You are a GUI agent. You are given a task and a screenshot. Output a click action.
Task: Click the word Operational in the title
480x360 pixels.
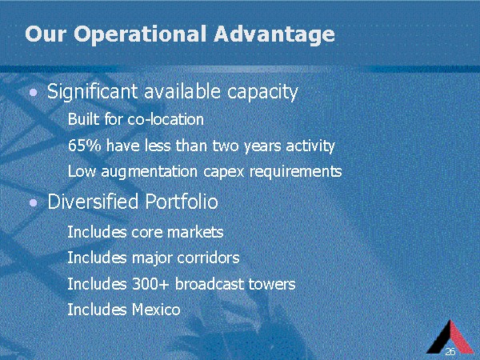pyautogui.click(x=139, y=34)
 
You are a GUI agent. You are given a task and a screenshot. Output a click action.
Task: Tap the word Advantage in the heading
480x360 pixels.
pyautogui.click(x=274, y=34)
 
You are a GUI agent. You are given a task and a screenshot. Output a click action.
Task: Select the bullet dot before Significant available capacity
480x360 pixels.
pyautogui.click(x=34, y=92)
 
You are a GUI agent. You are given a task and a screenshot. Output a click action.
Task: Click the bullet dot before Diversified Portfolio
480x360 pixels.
pyautogui.click(x=34, y=202)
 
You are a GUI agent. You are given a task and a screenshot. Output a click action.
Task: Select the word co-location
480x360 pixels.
pyautogui.click(x=166, y=119)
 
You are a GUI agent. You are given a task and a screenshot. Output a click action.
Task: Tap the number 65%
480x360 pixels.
pyautogui.click(x=84, y=146)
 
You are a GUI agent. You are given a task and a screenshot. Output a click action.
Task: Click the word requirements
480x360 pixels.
pyautogui.click(x=296, y=172)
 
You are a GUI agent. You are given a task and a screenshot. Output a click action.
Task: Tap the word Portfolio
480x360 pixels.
pyautogui.click(x=182, y=202)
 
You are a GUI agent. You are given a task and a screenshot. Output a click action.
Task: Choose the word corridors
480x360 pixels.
pyautogui.click(x=208, y=258)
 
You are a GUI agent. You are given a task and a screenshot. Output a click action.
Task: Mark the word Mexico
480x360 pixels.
pyautogui.click(x=156, y=310)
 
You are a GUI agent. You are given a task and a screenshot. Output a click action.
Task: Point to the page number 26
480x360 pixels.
pyautogui.click(x=450, y=351)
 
